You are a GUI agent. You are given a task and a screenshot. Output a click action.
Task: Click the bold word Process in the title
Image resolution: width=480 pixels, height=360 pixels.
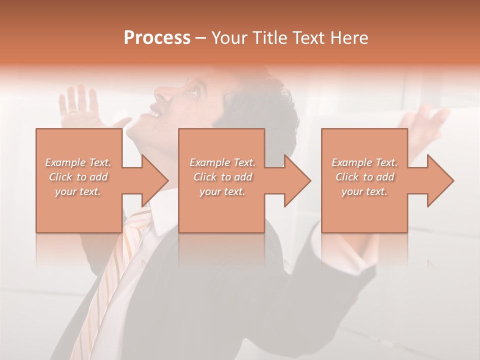(157, 37)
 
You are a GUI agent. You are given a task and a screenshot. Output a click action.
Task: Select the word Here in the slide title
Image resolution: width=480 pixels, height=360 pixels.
(348, 37)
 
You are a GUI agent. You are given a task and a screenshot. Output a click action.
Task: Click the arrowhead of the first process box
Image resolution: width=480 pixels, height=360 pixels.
(152, 180)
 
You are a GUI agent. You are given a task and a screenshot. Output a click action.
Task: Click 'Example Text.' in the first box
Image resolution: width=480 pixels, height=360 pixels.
(78, 162)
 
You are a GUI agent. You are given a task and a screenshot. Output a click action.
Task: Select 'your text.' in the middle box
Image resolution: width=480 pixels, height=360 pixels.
(222, 191)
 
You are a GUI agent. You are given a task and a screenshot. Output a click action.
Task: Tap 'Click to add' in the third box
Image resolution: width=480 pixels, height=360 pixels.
(364, 177)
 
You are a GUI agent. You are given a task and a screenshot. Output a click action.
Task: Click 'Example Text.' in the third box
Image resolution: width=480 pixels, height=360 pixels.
(364, 162)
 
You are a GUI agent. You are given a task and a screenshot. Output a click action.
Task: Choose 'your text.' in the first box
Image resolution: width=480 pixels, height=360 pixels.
(78, 191)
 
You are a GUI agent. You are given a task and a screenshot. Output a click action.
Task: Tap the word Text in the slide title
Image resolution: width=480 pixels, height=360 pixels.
(305, 37)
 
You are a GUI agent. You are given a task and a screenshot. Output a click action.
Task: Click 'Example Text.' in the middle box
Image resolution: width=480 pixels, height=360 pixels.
(222, 162)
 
